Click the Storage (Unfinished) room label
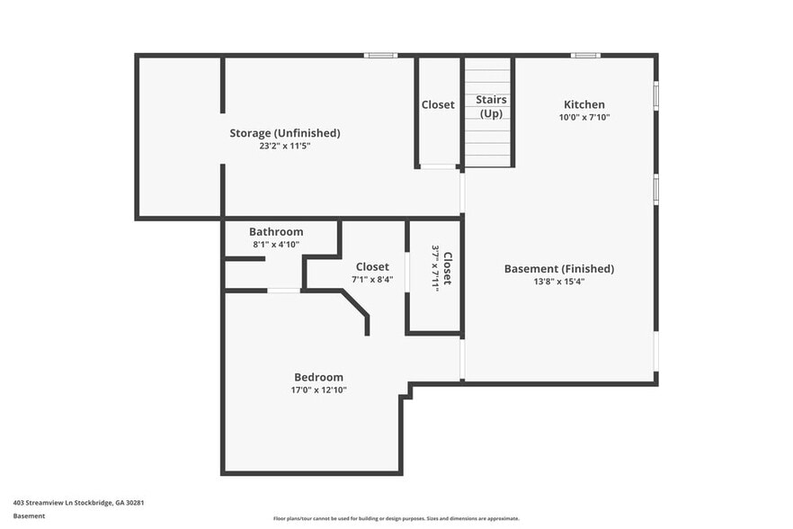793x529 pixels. tap(284, 133)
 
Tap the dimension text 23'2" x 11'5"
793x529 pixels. tap(284, 146)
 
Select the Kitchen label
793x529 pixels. tap(584, 104)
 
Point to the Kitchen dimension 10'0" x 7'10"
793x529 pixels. tap(584, 117)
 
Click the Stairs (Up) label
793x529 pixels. tap(491, 106)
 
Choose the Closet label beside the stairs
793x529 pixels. tap(438, 104)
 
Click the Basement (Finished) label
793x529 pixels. tap(558, 268)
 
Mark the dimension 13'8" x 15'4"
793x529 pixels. tap(558, 282)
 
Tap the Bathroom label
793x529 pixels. tap(276, 231)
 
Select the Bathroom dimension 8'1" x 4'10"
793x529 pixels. tap(276, 244)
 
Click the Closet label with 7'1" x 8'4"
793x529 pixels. tap(372, 266)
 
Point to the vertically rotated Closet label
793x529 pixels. tap(447, 267)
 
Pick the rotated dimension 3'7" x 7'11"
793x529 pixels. tap(435, 267)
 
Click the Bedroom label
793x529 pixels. tap(318, 377)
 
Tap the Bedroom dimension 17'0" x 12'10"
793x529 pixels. tap(318, 390)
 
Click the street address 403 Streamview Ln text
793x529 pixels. tap(78, 503)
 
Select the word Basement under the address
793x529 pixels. tap(29, 516)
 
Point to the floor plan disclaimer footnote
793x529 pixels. tap(396, 518)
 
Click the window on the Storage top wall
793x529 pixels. tap(380, 56)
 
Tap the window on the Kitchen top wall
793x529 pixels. tap(586, 56)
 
